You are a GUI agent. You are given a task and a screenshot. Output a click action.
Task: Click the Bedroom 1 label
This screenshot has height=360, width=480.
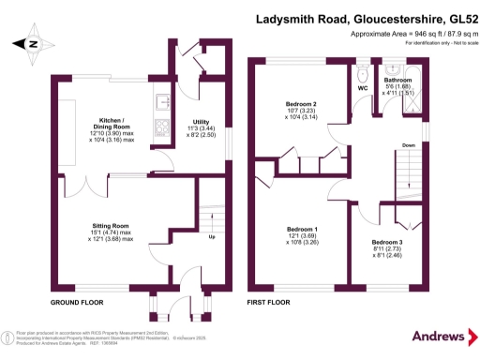coord(302,231)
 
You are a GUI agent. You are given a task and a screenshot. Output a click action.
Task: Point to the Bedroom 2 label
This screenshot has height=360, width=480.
coord(302,102)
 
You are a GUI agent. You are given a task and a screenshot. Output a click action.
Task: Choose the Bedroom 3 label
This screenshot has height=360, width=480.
coord(388,242)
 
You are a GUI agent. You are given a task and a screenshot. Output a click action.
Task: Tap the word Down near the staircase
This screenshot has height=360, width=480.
coord(409,146)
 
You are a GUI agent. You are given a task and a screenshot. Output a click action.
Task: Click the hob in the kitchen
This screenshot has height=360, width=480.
coord(159,128)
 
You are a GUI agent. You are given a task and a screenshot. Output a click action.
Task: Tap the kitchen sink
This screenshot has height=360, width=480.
coord(160,101)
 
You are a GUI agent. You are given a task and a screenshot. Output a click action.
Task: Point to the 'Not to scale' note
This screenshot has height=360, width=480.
coord(449,43)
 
